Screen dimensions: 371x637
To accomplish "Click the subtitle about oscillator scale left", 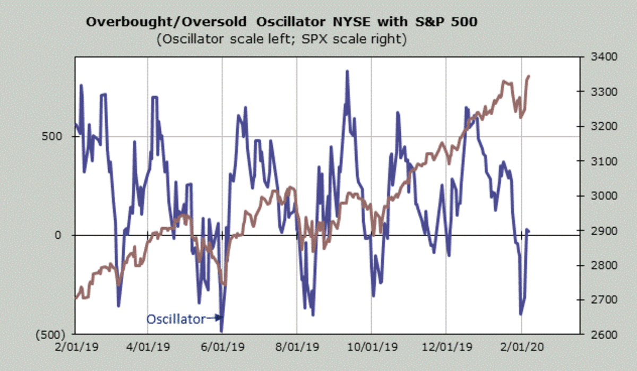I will pos(282,40).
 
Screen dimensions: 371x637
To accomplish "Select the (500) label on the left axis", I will pos(51,335).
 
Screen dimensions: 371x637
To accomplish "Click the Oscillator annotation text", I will pos(176,319).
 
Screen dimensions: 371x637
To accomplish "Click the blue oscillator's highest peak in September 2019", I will pos(347,71).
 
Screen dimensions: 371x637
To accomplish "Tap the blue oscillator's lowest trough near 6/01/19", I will pos(221,331).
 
